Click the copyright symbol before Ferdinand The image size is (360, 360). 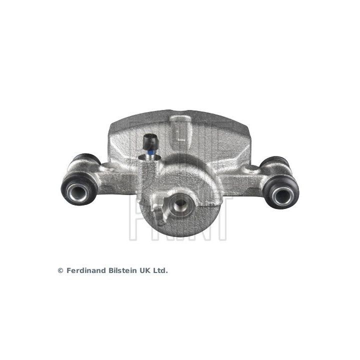60,270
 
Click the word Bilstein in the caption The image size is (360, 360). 121,270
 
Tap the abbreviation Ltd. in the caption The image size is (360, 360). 160,270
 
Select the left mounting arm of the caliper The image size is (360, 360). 110,177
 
